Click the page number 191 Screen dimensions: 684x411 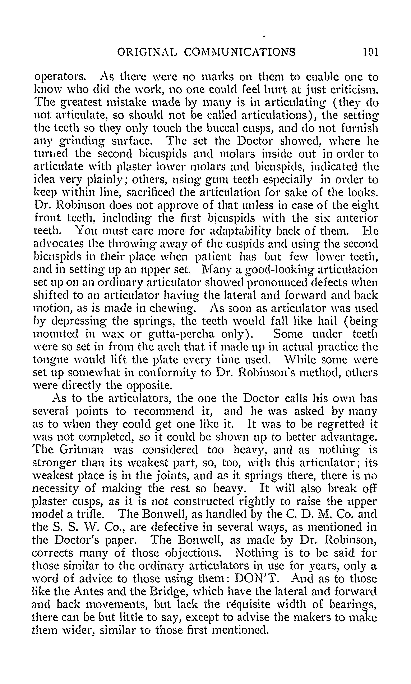[371, 52]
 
